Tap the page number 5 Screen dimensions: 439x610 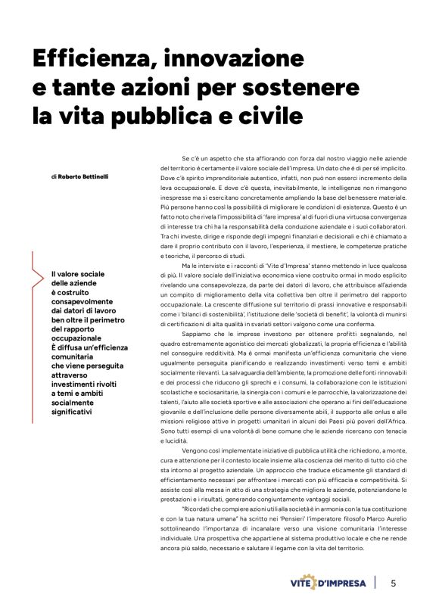point(393,583)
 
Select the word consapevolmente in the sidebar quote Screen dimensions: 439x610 point(81,301)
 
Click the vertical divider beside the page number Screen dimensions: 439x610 point(375,583)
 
